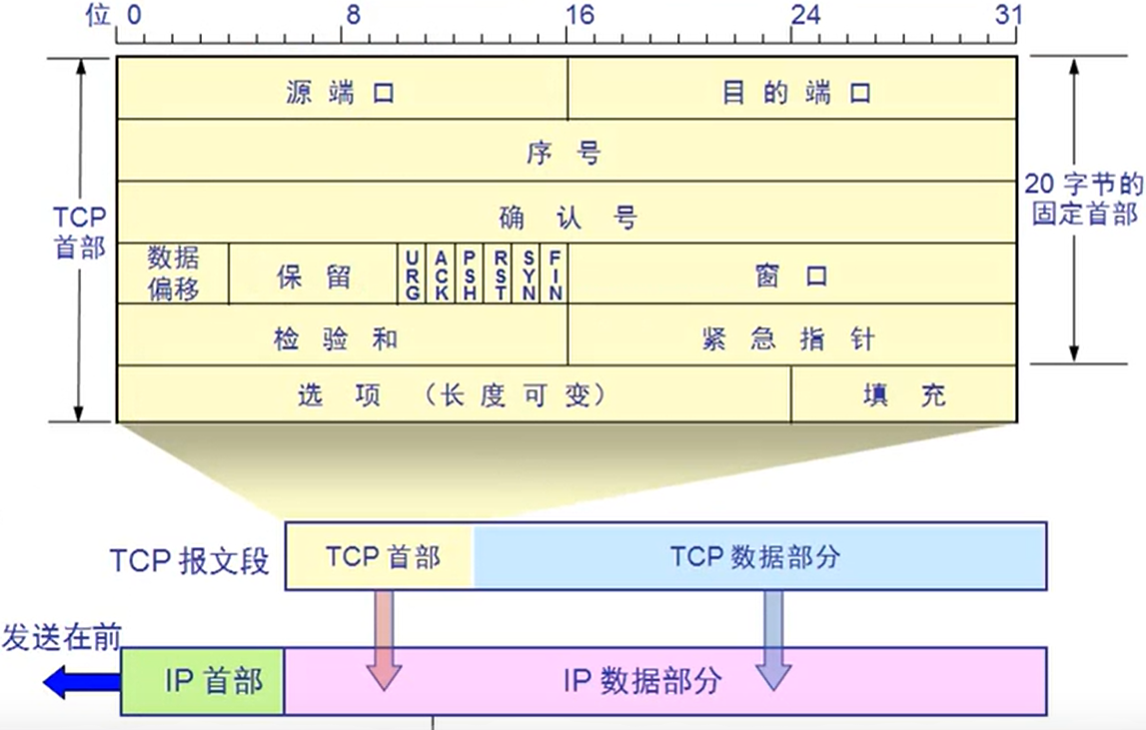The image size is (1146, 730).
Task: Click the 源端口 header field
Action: pyautogui.click(x=342, y=89)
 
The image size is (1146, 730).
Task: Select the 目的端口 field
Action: pyautogui.click(x=792, y=89)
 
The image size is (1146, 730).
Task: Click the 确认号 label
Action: pyautogui.click(x=568, y=217)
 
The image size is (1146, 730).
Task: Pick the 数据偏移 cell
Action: pyautogui.click(x=173, y=274)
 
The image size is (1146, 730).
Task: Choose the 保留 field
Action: pyautogui.click(x=314, y=274)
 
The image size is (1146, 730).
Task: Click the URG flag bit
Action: pyautogui.click(x=413, y=274)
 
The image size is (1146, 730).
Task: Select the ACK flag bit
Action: pyautogui.click(x=441, y=274)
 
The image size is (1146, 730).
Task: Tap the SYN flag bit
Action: pyautogui.click(x=527, y=274)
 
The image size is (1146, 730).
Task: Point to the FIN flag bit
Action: pyautogui.click(x=555, y=274)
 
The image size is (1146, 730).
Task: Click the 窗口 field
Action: pyautogui.click(x=792, y=274)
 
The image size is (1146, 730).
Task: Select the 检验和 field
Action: pyautogui.click(x=342, y=336)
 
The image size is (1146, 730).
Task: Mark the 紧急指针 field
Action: pyautogui.click(x=792, y=336)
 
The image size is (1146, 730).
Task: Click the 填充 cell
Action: pyautogui.click(x=904, y=395)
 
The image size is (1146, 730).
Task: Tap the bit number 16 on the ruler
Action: pyautogui.click(x=579, y=14)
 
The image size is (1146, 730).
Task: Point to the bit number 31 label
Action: pyautogui.click(x=1008, y=14)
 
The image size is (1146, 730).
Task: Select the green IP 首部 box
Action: pyautogui.click(x=203, y=681)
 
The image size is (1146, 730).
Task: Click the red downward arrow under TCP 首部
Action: pyautogui.click(x=384, y=640)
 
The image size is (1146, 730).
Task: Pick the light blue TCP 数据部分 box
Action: pyautogui.click(x=760, y=556)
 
